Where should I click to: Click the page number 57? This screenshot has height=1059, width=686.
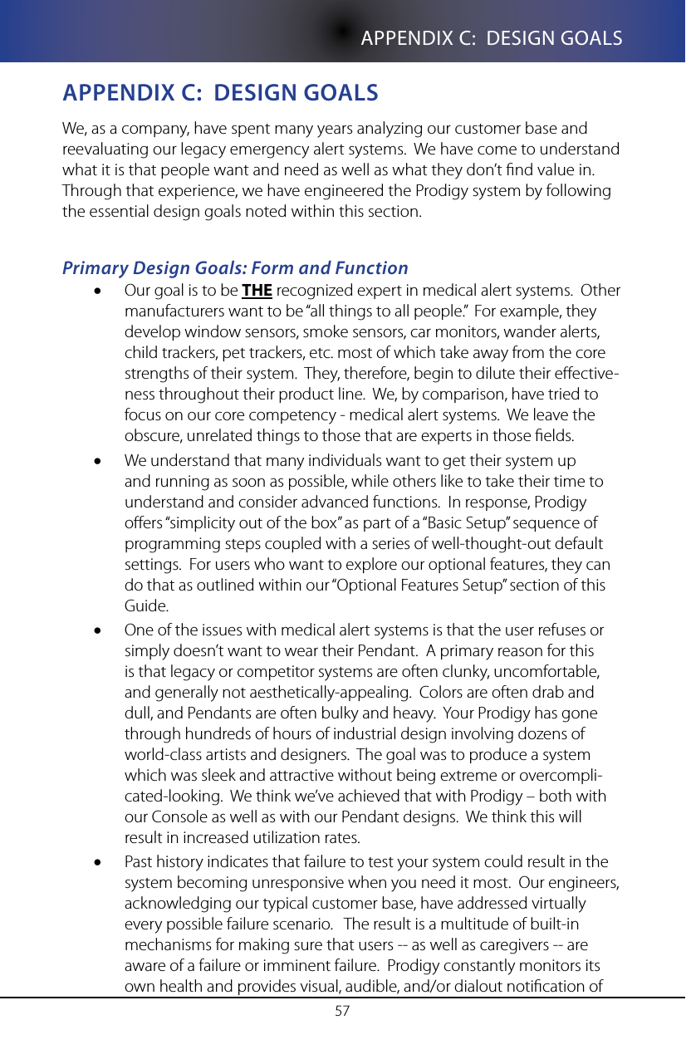point(342,1011)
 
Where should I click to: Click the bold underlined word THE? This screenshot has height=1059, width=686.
point(257,291)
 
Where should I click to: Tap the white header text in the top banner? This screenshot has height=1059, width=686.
point(492,38)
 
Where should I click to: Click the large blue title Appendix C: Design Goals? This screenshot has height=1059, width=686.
point(220,92)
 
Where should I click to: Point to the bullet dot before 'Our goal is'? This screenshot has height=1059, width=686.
point(99,292)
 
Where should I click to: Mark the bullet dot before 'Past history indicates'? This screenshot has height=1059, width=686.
point(99,863)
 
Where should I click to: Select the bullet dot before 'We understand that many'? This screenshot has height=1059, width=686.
point(99,461)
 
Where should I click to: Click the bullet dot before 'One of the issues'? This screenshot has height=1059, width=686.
point(99,631)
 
